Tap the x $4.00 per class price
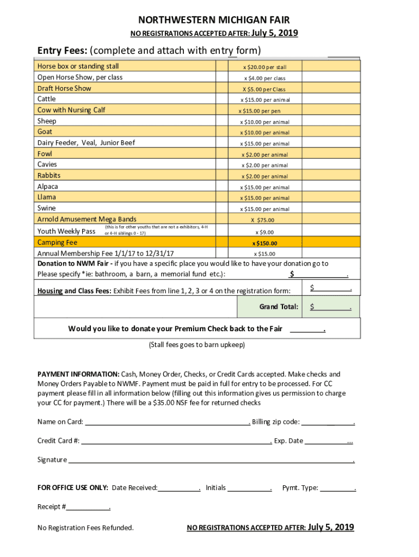(264, 78)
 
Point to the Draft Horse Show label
(64, 88)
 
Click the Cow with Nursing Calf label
(71, 110)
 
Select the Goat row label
(45, 132)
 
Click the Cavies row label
(47, 164)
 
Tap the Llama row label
(46, 197)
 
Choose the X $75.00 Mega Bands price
(262, 220)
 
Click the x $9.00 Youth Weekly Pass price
(264, 232)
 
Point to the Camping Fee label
(57, 243)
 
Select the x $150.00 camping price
(264, 243)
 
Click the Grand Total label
(279, 307)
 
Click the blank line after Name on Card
(167, 422)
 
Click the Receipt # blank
(88, 507)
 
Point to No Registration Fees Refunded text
(85, 528)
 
